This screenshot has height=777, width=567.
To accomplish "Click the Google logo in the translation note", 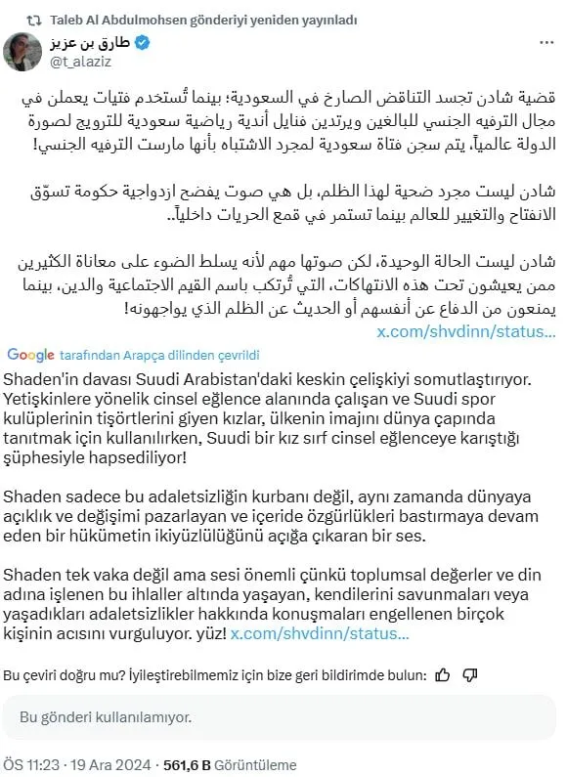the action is point(31,353).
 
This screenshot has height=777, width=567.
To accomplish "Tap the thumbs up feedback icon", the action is point(442,673).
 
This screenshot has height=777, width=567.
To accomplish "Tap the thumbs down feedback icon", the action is point(470,673).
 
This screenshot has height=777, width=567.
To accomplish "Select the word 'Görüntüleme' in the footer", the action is point(255,764).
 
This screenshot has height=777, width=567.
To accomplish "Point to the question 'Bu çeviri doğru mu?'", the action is point(68,674).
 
